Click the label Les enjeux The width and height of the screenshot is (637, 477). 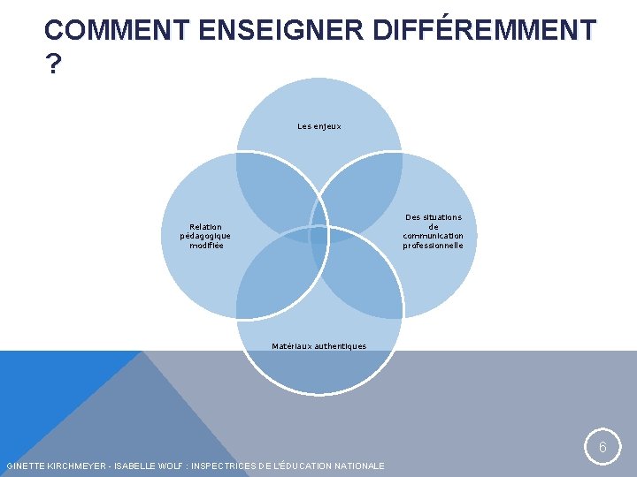[x=319, y=126]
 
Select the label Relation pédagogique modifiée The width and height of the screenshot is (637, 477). [x=205, y=236]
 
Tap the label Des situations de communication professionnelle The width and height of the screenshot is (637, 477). [x=433, y=231]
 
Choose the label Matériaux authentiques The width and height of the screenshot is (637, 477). [x=318, y=346]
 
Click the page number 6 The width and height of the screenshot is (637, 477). [x=602, y=448]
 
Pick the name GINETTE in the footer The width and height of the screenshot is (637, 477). [x=23, y=466]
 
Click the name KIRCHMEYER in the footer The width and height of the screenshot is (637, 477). [x=70, y=466]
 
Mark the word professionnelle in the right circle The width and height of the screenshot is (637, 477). [x=433, y=246]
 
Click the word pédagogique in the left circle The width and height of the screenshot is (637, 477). [x=205, y=236]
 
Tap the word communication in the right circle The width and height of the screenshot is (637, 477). [x=433, y=236]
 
